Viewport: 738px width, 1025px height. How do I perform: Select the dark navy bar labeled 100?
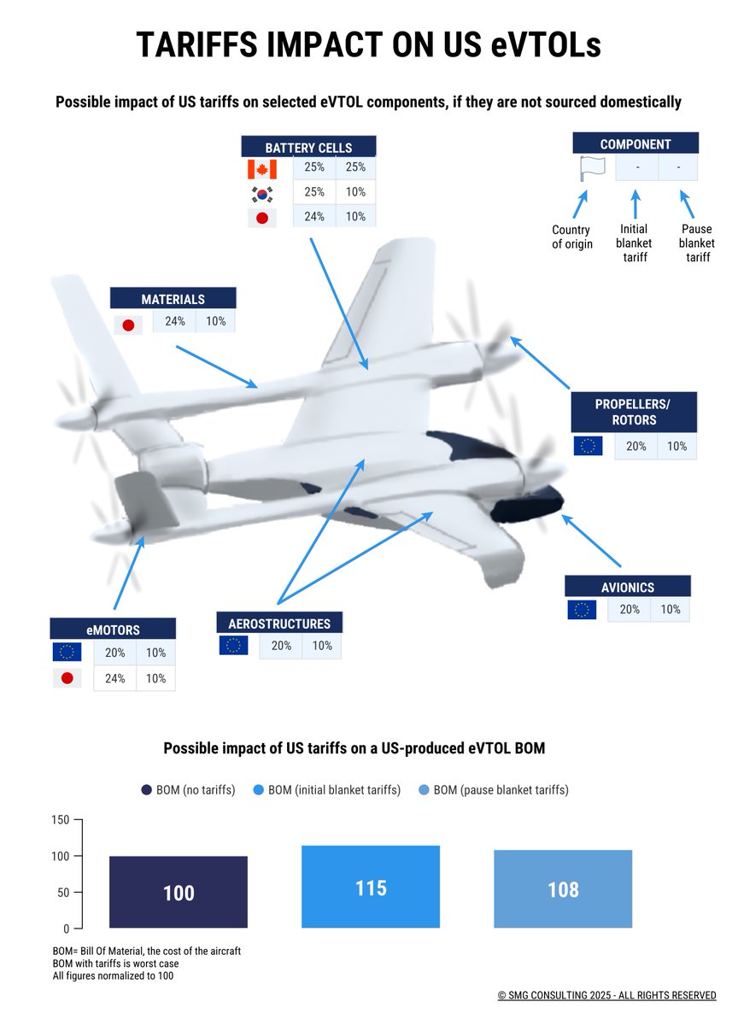[179, 892]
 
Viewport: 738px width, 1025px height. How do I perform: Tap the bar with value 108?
[563, 889]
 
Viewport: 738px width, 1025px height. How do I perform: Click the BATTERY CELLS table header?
[309, 147]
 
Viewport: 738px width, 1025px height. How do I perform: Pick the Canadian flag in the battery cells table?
[262, 168]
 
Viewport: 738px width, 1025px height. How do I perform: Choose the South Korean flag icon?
[262, 192]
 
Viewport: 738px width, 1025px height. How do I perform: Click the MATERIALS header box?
[173, 299]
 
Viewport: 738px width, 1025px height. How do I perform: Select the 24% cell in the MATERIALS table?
[174, 322]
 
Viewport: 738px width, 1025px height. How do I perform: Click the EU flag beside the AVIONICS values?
[582, 610]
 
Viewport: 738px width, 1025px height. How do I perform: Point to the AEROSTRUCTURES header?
[279, 623]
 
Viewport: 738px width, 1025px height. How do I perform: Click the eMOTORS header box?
[113, 630]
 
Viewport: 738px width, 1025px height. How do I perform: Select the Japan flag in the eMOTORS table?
[67, 678]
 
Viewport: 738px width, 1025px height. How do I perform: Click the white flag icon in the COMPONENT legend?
[590, 168]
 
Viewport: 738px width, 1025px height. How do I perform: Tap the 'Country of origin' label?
[571, 237]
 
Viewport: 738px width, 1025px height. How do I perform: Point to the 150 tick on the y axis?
[60, 819]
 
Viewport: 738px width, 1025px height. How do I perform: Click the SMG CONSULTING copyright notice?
[606, 995]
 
